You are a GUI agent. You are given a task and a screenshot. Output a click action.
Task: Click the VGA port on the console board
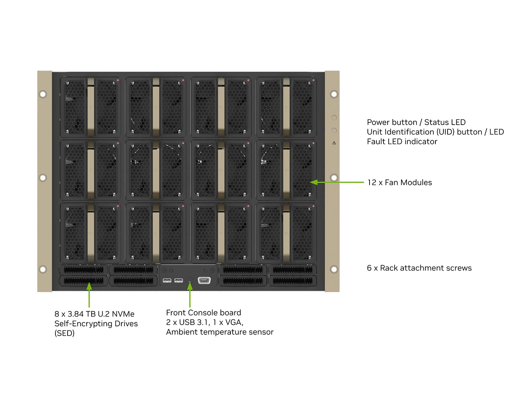204,280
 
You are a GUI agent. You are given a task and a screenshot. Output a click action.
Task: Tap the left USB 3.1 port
167,280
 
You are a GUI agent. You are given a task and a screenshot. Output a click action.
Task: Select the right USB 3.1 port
179,280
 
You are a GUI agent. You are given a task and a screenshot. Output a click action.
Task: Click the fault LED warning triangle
334,143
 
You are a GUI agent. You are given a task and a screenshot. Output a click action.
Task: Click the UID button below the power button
334,131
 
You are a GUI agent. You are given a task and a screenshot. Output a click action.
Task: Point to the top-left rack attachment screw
43,94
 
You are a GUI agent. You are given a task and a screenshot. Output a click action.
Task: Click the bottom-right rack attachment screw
334,269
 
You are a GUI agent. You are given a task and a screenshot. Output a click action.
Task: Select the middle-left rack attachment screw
43,178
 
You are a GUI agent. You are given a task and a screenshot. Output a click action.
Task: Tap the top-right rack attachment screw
334,94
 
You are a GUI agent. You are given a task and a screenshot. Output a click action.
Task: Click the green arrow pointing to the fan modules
336,182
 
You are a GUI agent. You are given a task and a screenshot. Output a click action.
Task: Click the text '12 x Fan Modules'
400,183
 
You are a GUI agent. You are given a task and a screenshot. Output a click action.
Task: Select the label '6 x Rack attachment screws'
419,268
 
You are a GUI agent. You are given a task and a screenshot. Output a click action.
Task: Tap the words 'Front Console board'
203,313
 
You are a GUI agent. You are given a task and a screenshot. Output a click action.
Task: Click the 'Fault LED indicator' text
402,142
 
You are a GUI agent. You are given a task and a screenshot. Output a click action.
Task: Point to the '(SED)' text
64,333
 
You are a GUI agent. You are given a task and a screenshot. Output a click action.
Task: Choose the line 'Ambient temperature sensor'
220,332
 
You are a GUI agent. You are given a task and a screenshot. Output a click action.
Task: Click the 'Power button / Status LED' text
416,122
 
